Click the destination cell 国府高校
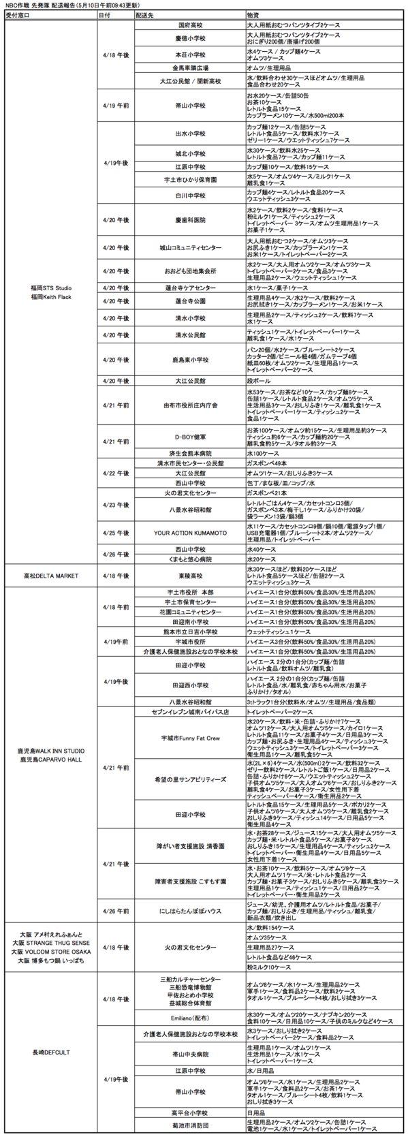click(190, 24)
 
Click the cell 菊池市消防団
click(190, 1125)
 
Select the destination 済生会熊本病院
click(190, 453)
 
